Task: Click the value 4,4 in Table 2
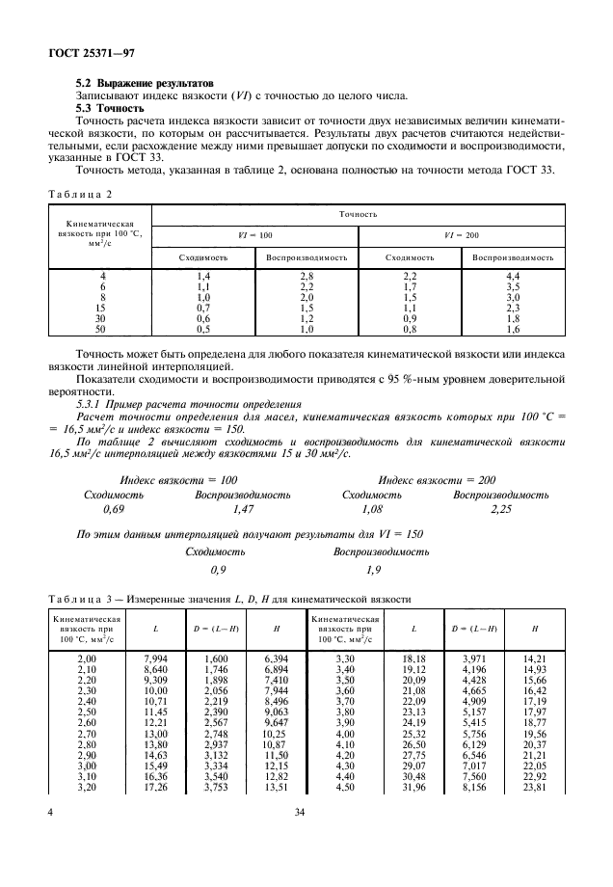[512, 277]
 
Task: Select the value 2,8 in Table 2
[306, 277]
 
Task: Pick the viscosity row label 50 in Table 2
[101, 329]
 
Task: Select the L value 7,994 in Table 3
[155, 658]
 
